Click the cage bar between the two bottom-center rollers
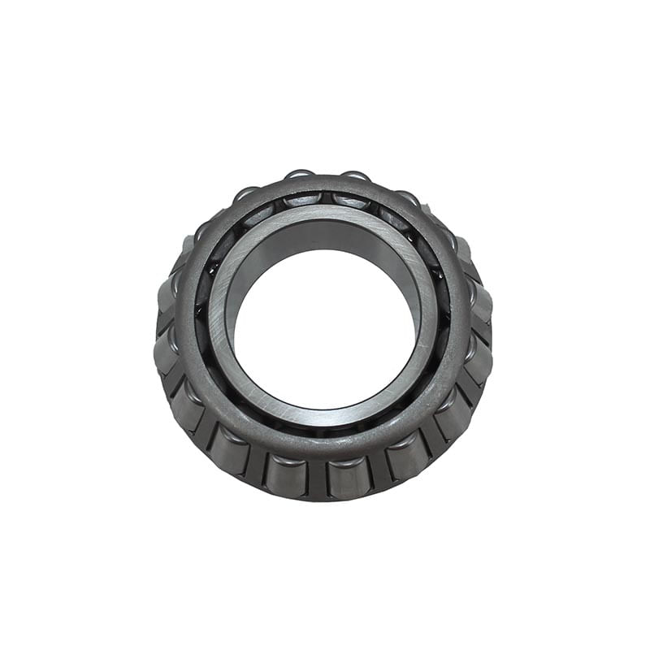[318, 479]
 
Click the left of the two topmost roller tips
[299, 175]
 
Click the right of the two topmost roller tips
[355, 176]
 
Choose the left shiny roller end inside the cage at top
[304, 200]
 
